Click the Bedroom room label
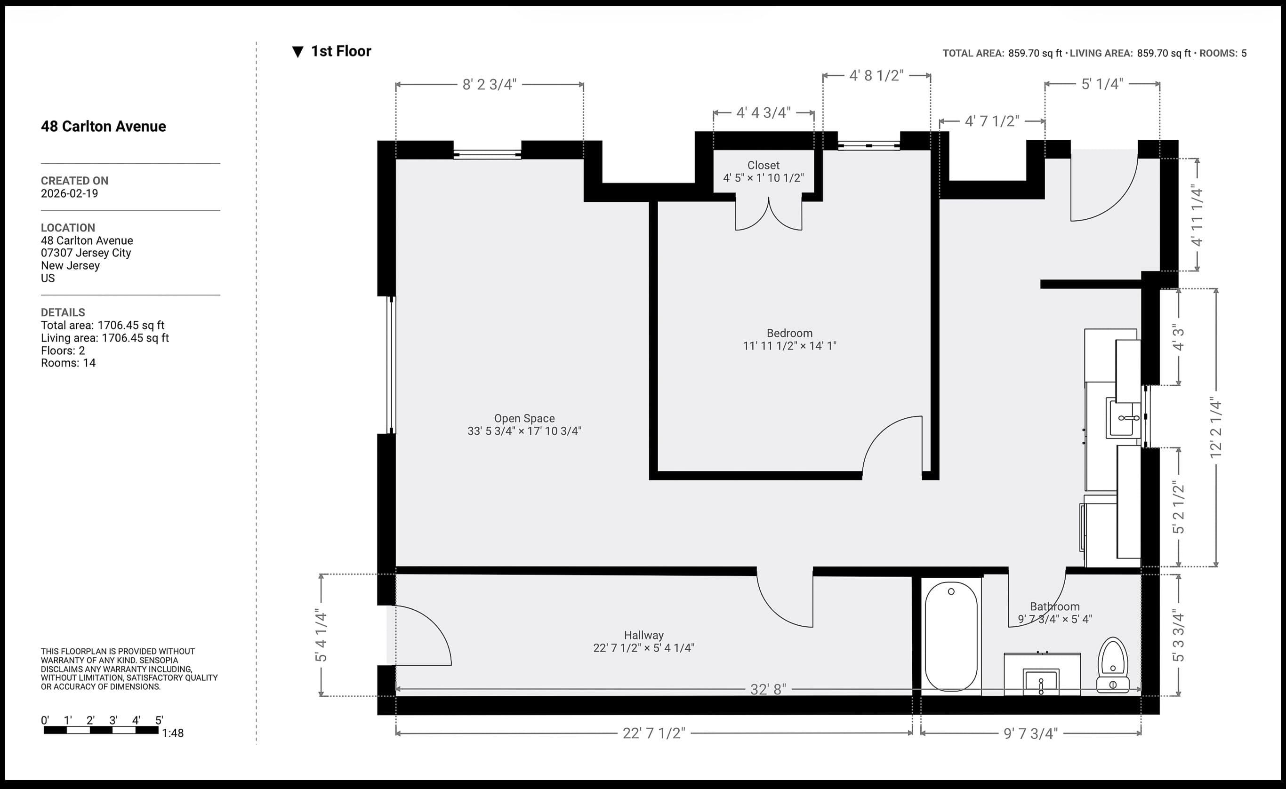pos(789,333)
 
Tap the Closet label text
pos(763,165)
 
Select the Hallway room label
pos(643,635)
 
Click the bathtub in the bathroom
pos(951,637)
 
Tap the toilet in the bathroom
pos(1113,665)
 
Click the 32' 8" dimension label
pos(768,689)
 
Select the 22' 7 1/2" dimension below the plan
pos(653,733)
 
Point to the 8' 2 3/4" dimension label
pos(489,84)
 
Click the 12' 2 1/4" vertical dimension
pos(1216,428)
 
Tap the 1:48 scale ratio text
pos(173,733)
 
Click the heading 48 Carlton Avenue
pos(104,126)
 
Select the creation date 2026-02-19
pos(69,193)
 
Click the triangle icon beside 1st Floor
pos(297,52)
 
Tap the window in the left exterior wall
pos(390,365)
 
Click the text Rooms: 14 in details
pos(68,363)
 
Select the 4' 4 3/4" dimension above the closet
pos(763,113)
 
